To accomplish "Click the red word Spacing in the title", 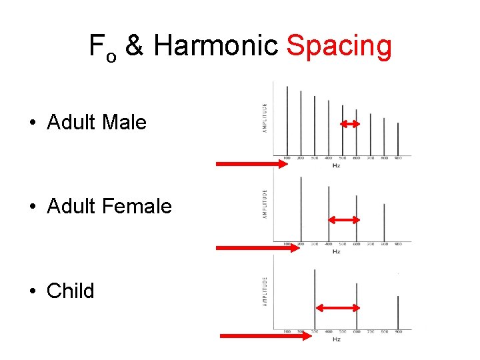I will [338, 47].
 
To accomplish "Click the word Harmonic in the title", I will [215, 47].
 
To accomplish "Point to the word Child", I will [71, 291].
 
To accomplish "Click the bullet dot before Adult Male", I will [33, 123].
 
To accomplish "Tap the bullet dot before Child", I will [33, 291].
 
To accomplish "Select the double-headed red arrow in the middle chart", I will [343, 220].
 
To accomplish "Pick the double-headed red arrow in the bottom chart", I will [337, 307].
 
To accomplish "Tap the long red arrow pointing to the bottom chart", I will [265, 336].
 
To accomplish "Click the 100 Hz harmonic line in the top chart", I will [287, 120].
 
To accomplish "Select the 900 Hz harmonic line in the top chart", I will [398, 139].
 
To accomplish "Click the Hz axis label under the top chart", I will [336, 165].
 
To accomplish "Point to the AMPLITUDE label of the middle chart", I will [265, 203].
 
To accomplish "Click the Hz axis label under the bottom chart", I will [336, 339].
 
